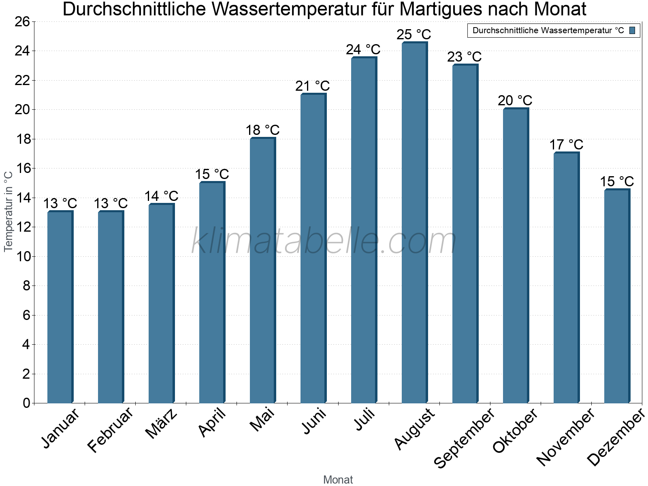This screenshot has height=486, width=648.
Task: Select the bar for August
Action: click(414, 223)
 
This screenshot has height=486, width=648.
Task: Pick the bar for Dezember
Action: click(617, 296)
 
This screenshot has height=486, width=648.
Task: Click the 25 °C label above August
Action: click(414, 34)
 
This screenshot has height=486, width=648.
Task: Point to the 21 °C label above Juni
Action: click(313, 86)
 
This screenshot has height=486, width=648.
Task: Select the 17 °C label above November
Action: click(566, 145)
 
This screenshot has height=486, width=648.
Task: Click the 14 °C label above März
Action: click(161, 196)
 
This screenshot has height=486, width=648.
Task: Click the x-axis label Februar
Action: click(110, 429)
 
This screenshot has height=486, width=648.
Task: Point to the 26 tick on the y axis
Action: click(23, 21)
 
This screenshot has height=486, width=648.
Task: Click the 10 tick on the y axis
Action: click(23, 256)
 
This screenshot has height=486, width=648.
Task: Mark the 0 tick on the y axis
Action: click(27, 403)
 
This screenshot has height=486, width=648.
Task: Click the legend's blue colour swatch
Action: click(633, 30)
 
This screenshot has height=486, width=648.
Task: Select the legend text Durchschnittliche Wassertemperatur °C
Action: click(548, 30)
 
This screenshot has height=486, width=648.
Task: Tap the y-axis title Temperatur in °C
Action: click(8, 211)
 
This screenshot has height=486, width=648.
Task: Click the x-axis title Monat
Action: click(338, 480)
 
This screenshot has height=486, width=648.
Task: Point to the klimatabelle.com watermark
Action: click(324, 242)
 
